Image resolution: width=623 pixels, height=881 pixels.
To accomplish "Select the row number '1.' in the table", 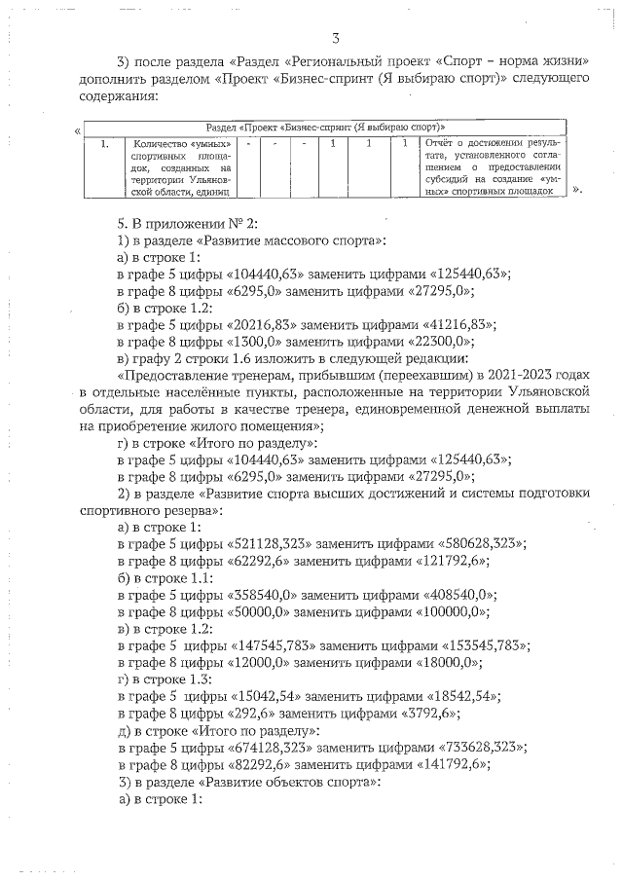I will (104, 145).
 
